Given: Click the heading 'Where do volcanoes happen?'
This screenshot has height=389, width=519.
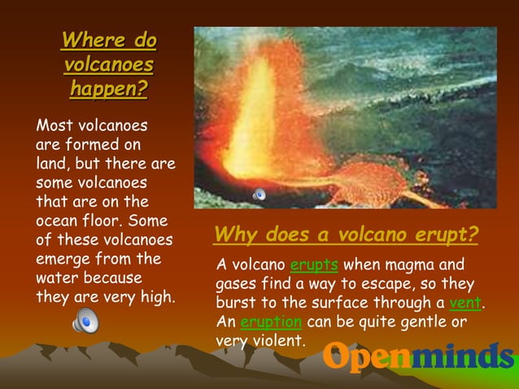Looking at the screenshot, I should pyautogui.click(x=108, y=64).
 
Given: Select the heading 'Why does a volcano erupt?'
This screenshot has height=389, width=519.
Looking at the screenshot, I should pyautogui.click(x=345, y=235).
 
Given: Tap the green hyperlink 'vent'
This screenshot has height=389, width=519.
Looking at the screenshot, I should pyautogui.click(x=464, y=303).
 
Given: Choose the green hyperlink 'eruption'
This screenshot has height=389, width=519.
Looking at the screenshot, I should pyautogui.click(x=271, y=321).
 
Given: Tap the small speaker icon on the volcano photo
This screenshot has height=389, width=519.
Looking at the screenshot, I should pyautogui.click(x=259, y=194).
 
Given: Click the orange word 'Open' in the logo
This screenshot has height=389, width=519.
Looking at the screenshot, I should pyautogui.click(x=366, y=357).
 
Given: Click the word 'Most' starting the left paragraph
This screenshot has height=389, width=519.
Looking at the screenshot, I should pyautogui.click(x=54, y=126).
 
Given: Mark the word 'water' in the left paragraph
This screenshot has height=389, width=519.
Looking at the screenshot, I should pyautogui.click(x=55, y=278).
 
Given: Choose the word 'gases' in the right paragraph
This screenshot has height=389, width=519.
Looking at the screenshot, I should pyautogui.click(x=238, y=284).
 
